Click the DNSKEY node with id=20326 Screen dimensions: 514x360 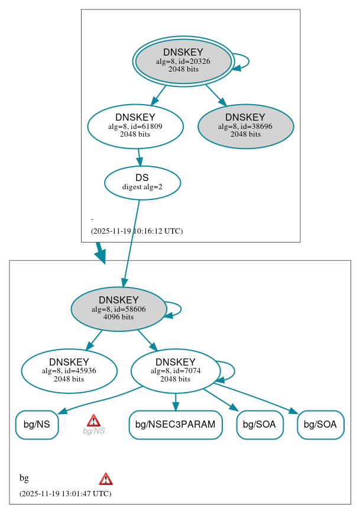[183, 61]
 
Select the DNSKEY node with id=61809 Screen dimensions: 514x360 [135, 125]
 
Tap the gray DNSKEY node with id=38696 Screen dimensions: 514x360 [245, 125]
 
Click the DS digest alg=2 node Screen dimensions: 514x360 [142, 182]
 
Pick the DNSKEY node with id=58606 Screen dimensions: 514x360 [118, 309]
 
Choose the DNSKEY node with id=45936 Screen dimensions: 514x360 [69, 371]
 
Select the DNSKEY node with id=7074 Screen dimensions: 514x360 [175, 371]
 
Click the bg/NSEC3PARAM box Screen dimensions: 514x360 [176, 425]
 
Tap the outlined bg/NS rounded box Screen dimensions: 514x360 [37, 425]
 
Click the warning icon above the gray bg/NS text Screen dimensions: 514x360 [93, 421]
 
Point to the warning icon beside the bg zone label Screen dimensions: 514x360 [106, 479]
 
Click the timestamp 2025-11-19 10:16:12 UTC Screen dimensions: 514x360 [137, 231]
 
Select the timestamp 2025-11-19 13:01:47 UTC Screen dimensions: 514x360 [65, 493]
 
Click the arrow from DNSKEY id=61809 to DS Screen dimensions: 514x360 [139, 157]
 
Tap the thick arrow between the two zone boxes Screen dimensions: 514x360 [100, 252]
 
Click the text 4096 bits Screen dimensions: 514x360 [118, 317]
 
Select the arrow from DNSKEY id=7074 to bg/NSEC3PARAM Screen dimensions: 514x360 [176, 402]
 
